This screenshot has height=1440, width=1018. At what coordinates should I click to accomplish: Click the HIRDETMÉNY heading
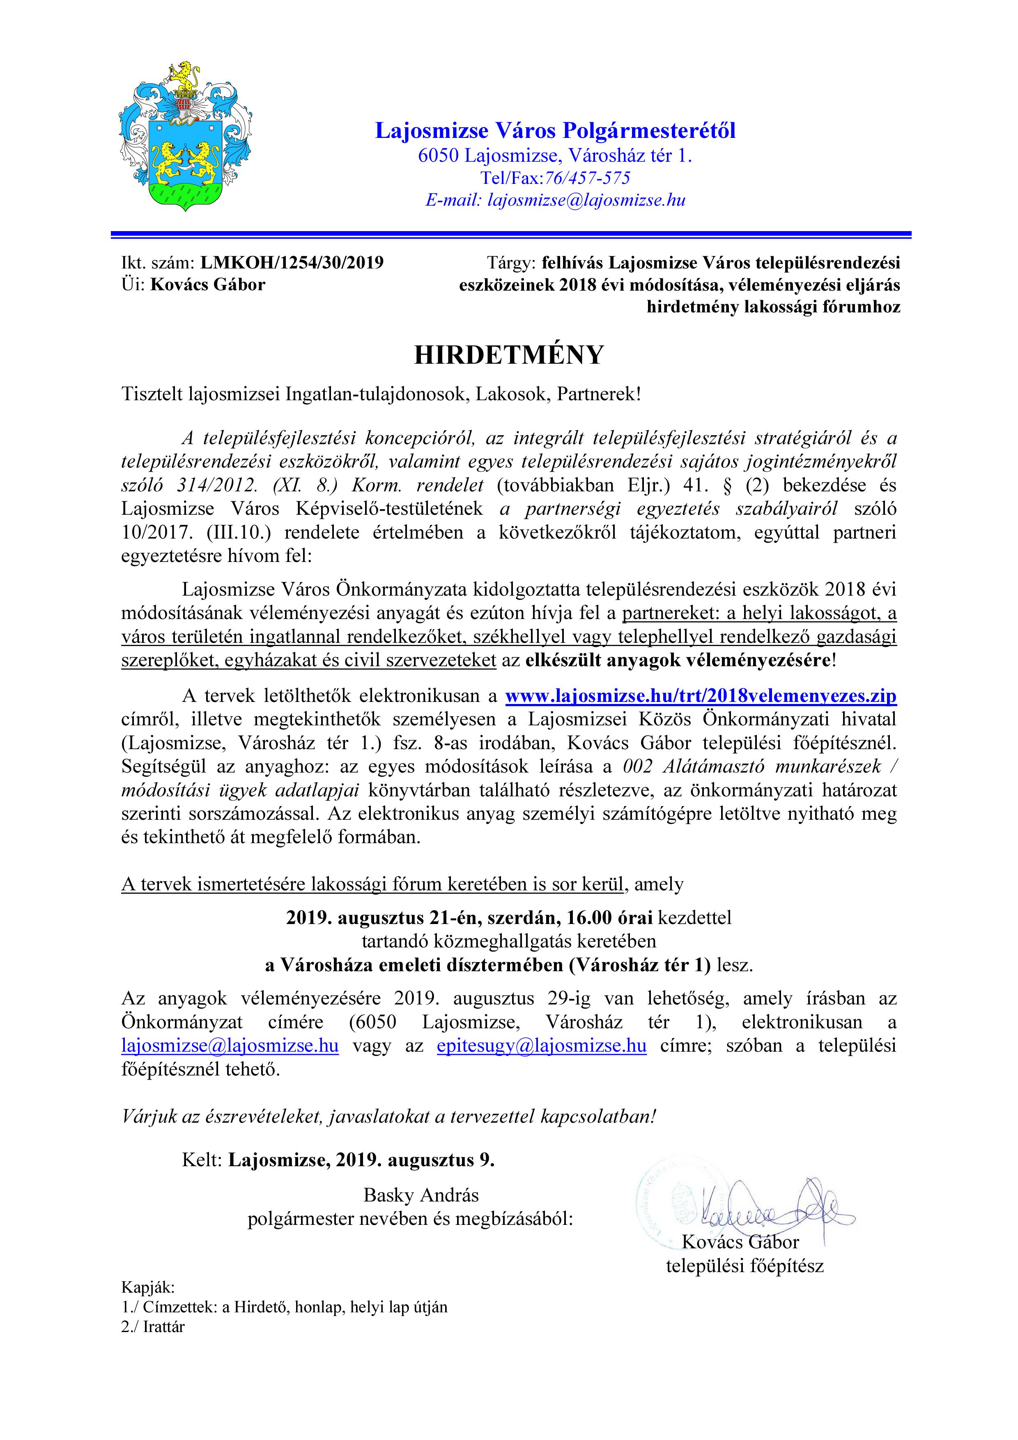tap(509, 355)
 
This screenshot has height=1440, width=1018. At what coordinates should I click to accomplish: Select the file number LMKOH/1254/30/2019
tap(292, 262)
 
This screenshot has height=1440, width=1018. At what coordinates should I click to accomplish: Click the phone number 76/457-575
tap(587, 178)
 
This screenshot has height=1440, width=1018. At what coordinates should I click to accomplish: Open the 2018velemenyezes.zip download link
tap(701, 696)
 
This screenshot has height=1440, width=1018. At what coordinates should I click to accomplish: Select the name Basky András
tap(421, 1195)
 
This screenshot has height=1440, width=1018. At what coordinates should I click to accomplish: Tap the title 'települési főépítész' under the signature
tap(745, 1266)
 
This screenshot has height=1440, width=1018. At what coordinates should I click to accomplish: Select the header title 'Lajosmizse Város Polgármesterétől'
tap(555, 131)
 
